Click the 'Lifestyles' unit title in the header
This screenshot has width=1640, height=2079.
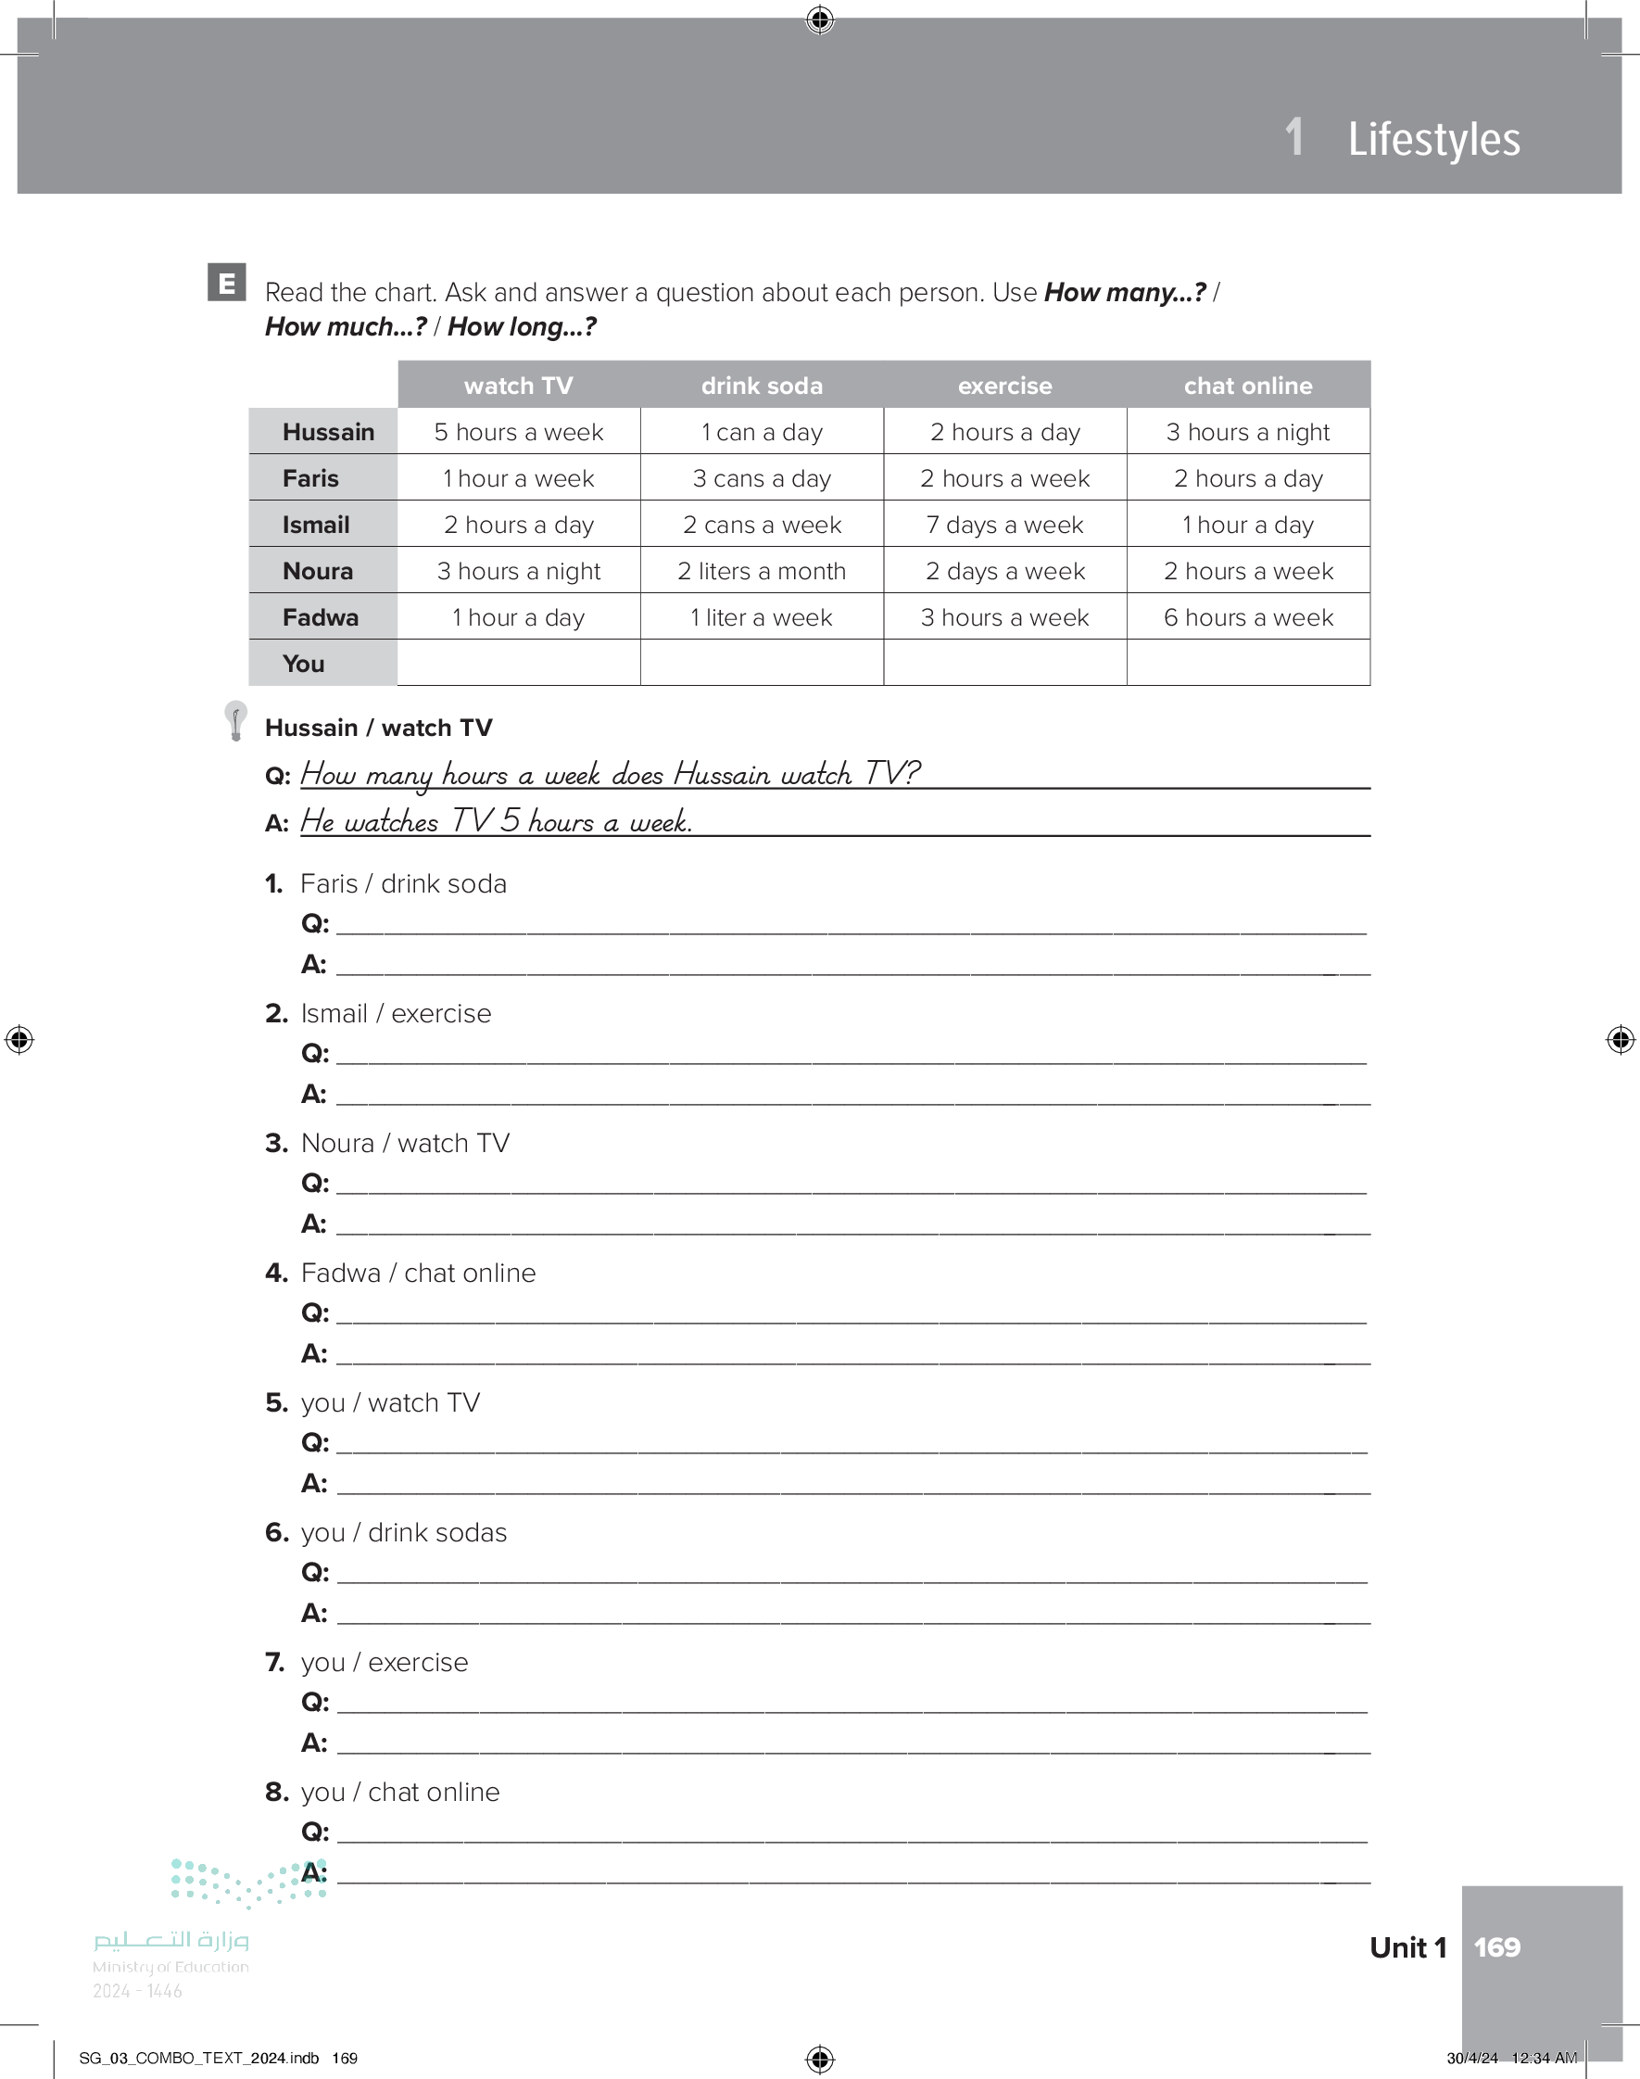pos(1432,139)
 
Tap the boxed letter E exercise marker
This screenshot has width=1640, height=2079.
pos(227,283)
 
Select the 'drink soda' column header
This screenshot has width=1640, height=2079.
pos(762,386)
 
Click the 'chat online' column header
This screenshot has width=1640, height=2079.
pos(1247,386)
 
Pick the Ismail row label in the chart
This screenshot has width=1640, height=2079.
pos(316,526)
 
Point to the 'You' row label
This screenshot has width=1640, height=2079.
pos(303,664)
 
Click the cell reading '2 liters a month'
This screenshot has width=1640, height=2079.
pos(762,571)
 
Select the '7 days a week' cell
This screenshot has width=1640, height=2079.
pos(1004,526)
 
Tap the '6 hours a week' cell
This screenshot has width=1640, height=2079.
pos(1247,617)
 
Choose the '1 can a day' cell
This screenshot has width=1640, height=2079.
pos(762,432)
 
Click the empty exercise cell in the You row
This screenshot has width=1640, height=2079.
pos(1004,663)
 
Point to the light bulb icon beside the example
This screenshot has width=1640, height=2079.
pos(235,720)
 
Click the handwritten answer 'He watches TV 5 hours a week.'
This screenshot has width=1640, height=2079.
pos(496,821)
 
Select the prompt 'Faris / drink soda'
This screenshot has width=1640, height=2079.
pos(403,883)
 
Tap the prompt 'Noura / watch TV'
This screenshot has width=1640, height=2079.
pos(405,1143)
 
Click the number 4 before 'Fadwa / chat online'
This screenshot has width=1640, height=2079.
pos(275,1274)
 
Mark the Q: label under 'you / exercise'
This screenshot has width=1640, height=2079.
pos(315,1703)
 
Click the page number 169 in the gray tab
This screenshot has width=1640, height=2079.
pos(1496,1947)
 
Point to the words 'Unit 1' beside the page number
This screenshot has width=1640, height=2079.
pos(1407,1947)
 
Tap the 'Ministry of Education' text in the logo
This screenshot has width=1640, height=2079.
pos(170,1967)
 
